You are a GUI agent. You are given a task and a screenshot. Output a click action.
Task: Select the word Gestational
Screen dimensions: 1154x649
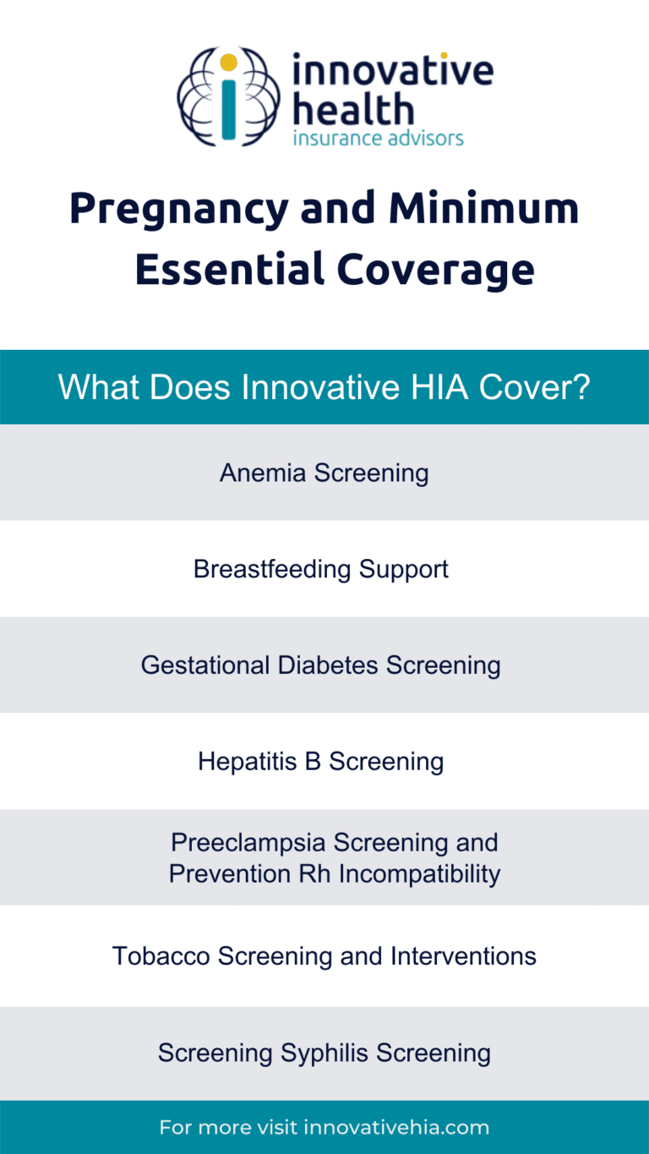tap(206, 665)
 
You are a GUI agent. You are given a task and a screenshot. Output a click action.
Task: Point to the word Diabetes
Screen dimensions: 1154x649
tap(330, 665)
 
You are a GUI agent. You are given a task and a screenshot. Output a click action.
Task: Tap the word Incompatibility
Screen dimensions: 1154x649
tap(418, 873)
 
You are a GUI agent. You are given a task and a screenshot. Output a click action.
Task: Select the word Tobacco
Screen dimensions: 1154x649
tap(162, 956)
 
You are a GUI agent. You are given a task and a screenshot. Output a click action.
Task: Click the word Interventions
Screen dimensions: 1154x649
tap(463, 956)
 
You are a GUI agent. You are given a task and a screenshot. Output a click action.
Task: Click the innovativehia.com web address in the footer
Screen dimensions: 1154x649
tap(396, 1128)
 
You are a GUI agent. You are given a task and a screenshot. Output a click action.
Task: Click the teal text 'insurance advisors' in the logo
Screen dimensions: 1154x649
tap(378, 138)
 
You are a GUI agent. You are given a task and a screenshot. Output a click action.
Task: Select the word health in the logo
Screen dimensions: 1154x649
tap(352, 109)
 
